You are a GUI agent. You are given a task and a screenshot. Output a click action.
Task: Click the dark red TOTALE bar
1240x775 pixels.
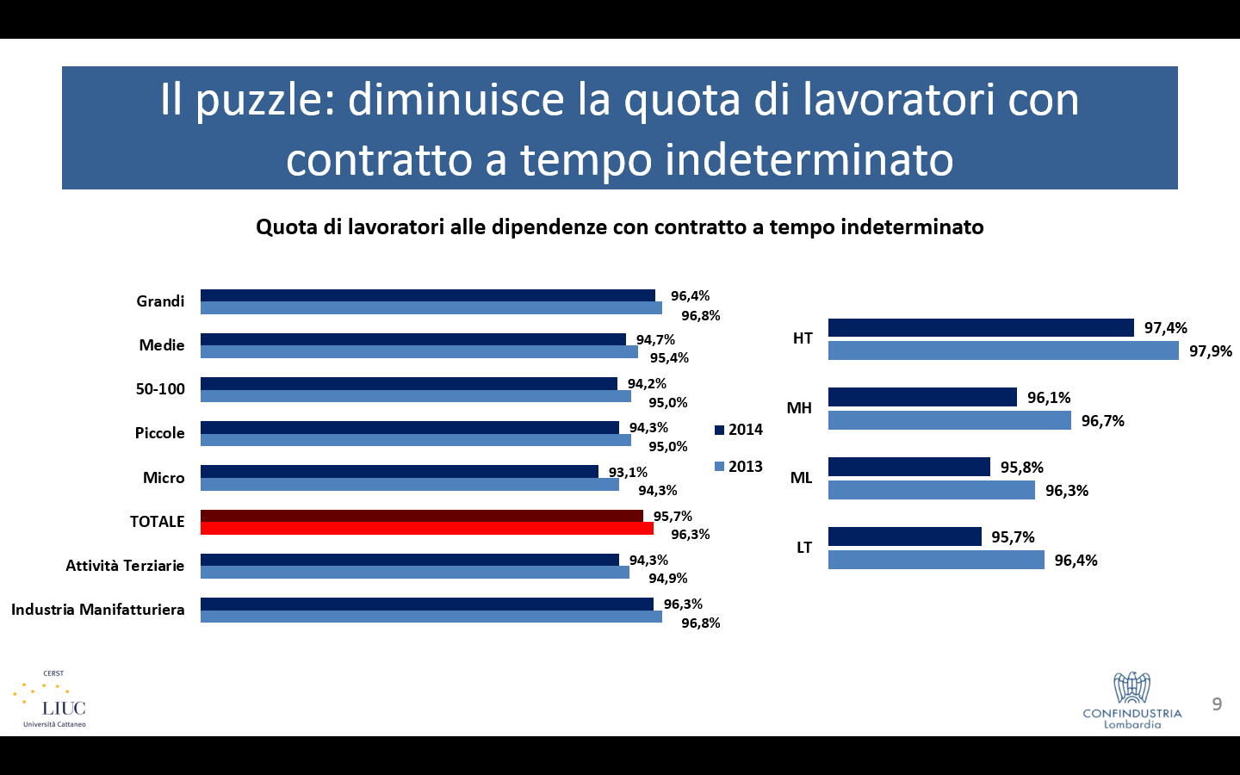pos(422,516)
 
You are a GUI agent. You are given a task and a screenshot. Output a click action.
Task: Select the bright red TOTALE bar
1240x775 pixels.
pos(427,528)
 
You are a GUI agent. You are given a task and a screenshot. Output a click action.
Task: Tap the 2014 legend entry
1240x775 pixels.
pos(739,430)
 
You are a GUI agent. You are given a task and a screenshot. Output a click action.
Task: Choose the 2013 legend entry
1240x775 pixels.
pos(739,466)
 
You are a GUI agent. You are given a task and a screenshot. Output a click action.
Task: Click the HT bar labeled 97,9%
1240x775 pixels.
pos(1003,350)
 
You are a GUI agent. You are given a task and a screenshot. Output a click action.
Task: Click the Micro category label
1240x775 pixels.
pos(164,477)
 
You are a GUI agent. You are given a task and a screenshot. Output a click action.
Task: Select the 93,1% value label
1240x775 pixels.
pos(628,472)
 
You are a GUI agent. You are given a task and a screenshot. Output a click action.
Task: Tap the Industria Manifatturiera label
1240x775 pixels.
pos(98,610)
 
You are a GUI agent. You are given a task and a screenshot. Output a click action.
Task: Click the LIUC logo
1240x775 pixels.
pos(50,700)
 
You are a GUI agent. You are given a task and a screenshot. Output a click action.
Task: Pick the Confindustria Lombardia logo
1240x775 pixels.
pos(1132,700)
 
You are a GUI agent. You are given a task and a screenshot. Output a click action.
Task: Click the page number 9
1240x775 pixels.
pos(1217,704)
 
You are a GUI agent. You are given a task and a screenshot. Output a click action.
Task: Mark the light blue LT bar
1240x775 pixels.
pos(936,560)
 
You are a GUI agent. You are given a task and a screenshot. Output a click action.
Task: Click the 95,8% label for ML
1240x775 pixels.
pos(1022,468)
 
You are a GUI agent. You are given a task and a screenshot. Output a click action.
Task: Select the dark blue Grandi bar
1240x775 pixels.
pos(428,295)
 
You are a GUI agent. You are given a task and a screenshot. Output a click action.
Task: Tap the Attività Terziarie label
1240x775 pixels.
pos(125,565)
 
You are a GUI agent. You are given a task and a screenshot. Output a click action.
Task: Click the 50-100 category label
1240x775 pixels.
pos(160,388)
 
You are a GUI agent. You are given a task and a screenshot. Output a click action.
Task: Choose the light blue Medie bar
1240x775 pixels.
pos(419,351)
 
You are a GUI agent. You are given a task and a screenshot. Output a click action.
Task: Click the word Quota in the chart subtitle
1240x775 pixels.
pos(287,227)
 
